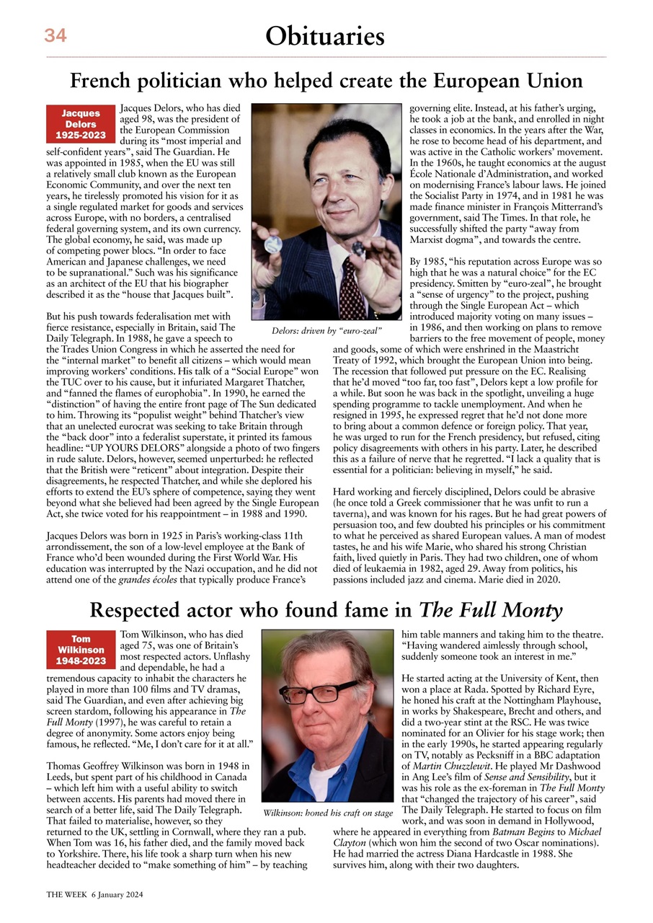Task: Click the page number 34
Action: tap(55, 35)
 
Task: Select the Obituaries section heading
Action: tap(325, 35)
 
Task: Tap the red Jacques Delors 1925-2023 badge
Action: tap(80, 125)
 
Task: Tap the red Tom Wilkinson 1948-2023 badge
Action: tap(80, 650)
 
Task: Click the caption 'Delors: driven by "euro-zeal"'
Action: tap(326, 330)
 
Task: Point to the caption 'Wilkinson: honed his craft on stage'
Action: tap(328, 813)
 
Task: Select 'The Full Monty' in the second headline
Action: tap(490, 611)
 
